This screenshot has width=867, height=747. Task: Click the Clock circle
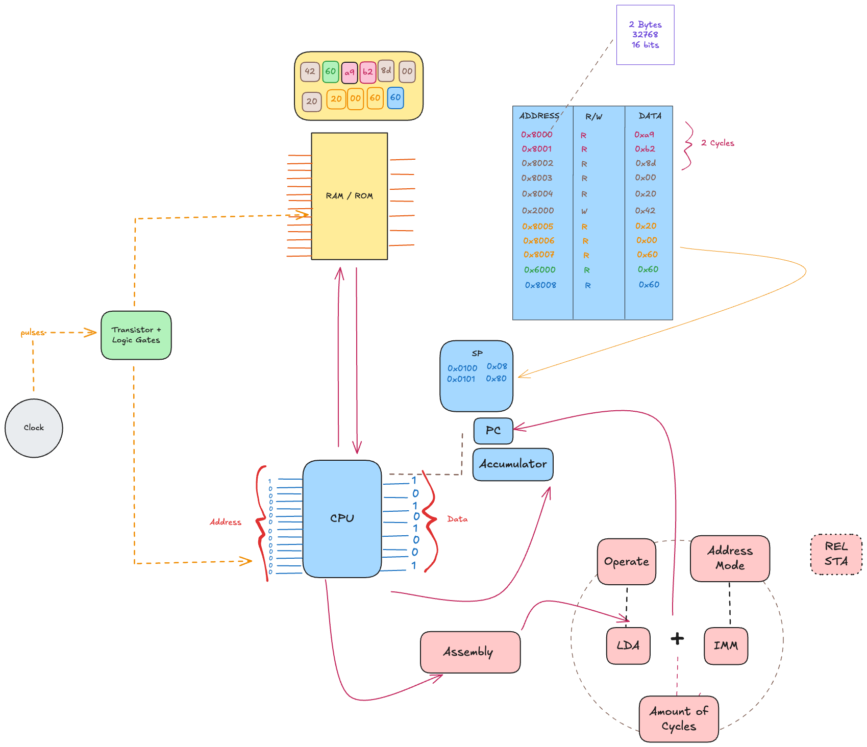tap(34, 428)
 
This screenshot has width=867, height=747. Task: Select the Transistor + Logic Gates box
tap(136, 335)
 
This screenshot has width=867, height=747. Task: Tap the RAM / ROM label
tap(350, 196)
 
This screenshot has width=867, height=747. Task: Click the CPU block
tap(342, 518)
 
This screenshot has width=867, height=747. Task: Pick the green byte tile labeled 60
tap(331, 71)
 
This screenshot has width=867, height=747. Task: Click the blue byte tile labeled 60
tap(395, 97)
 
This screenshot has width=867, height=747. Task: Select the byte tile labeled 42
tap(310, 71)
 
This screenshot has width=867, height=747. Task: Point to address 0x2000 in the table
tap(537, 211)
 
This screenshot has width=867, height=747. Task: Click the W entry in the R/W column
tap(584, 211)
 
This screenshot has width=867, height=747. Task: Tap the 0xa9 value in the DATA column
tap(644, 135)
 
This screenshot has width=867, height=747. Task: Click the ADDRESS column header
tap(539, 116)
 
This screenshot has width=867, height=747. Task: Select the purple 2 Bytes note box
tap(645, 35)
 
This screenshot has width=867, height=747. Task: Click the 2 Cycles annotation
tap(717, 143)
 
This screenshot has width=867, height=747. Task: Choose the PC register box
tap(493, 431)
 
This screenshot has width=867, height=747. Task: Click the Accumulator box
tap(512, 464)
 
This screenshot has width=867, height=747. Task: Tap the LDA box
tap(628, 645)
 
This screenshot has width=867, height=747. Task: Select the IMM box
tap(726, 646)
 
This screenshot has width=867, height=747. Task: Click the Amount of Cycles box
tap(679, 718)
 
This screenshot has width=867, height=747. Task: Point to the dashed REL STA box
tap(836, 554)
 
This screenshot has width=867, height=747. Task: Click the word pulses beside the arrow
tap(33, 333)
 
